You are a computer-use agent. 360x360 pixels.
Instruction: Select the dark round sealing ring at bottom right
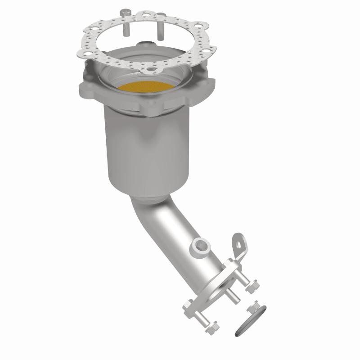pyautogui.click(x=250, y=320)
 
